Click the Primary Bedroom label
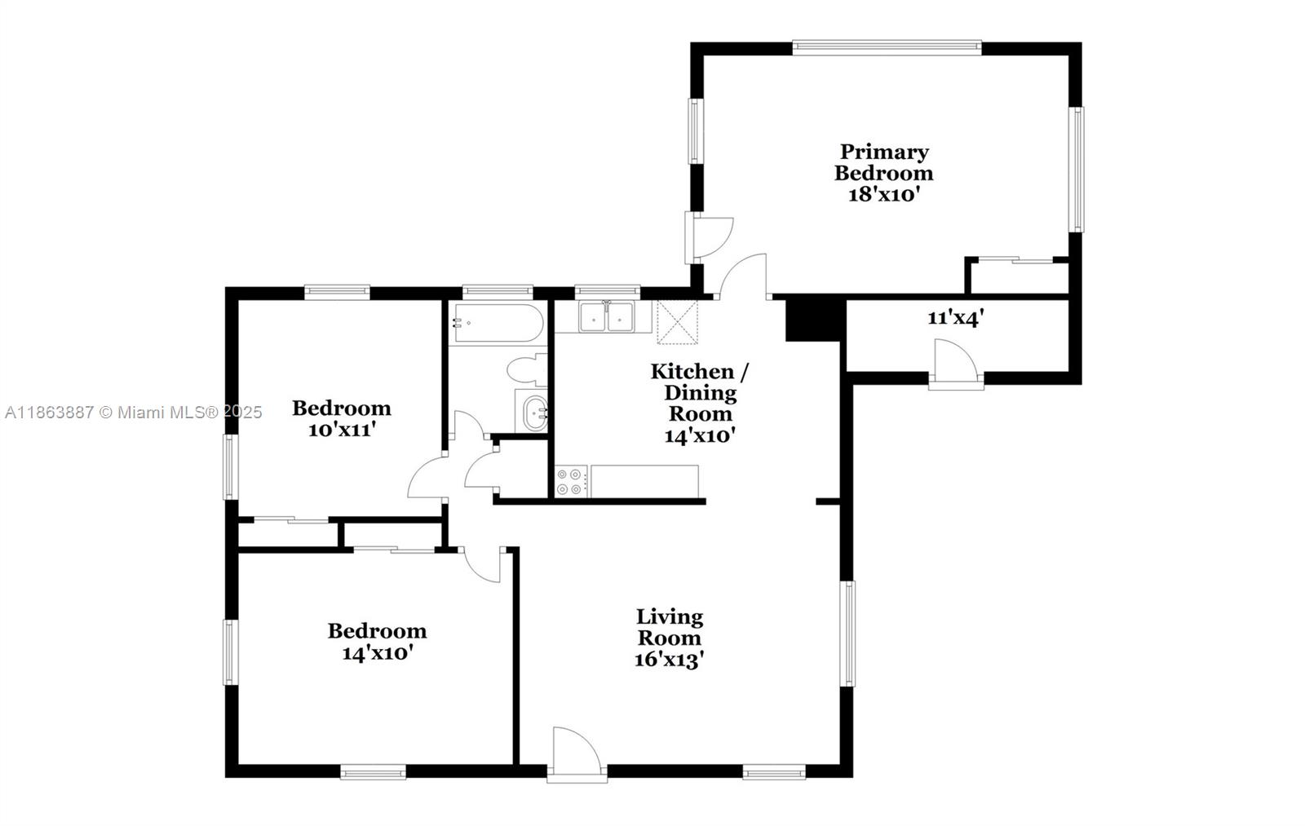tap(883, 162)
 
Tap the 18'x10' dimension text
tap(883, 195)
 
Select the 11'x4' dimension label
tap(955, 318)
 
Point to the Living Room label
tap(670, 627)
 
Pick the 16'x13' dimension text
tap(670, 660)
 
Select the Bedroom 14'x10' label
tap(377, 642)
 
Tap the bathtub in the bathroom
tap(498, 323)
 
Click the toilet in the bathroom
tap(527, 370)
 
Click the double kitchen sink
tap(606, 317)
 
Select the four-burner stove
tap(571, 481)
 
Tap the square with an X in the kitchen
tap(677, 322)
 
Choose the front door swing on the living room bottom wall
tap(577, 754)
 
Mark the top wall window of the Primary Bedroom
tap(887, 48)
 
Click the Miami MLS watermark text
tap(134, 413)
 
